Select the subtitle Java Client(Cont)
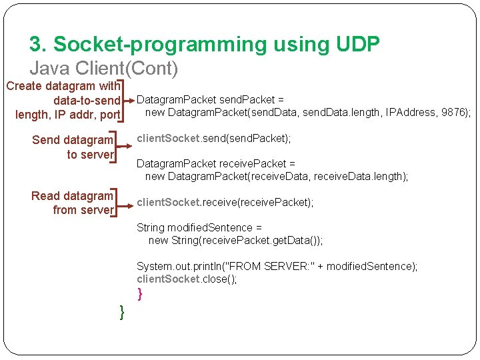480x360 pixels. pyautogui.click(x=104, y=68)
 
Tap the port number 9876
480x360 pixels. pyautogui.click(x=454, y=112)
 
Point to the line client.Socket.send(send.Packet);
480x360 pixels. pyautogui.click(x=214, y=139)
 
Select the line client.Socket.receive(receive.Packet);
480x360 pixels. pyautogui.click(x=225, y=202)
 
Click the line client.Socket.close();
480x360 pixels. pyautogui.click(x=187, y=279)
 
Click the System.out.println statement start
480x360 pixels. pyautogui.click(x=177, y=266)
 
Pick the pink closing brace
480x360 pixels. pyautogui.click(x=139, y=293)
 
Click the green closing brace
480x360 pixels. pyautogui.click(x=122, y=311)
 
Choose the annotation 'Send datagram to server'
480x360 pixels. pyautogui.click(x=73, y=147)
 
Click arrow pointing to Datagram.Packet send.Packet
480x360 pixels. pyautogui.click(x=128, y=103)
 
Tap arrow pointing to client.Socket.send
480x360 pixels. pyautogui.click(x=124, y=139)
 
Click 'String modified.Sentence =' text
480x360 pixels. pyautogui.click(x=195, y=227)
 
